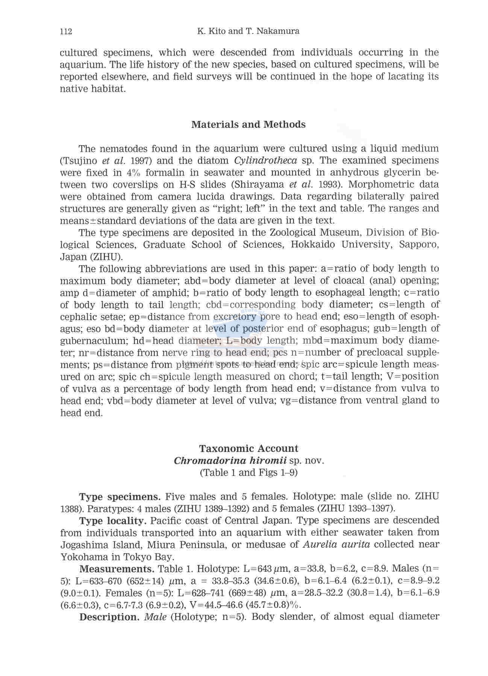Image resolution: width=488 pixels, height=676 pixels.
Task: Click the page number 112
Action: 66,31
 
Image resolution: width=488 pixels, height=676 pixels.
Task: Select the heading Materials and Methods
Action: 248,125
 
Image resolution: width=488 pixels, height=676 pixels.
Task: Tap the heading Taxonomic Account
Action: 248,448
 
